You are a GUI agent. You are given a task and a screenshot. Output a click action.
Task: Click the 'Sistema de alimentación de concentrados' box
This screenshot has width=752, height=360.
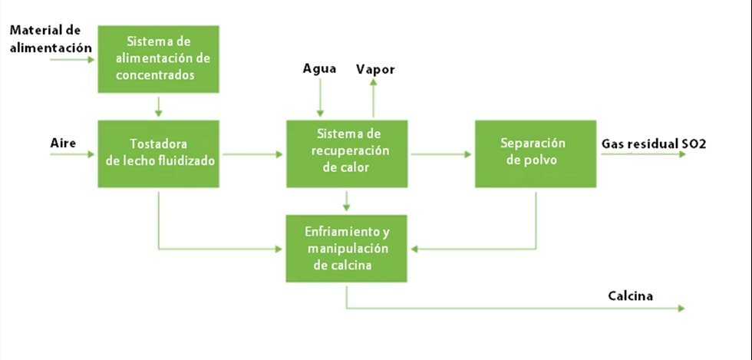tap(158, 58)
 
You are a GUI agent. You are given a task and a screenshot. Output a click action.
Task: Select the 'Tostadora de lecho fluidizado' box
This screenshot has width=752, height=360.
tap(158, 153)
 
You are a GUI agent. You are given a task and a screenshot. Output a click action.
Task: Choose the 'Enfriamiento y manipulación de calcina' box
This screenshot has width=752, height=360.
tap(347, 248)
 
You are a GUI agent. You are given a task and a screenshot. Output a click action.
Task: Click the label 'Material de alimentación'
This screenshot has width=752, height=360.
tap(45, 38)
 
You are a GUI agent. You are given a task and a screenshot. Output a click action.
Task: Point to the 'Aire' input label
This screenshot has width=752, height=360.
tap(63, 144)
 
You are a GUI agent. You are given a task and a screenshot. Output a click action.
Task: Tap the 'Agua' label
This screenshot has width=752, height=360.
tap(320, 69)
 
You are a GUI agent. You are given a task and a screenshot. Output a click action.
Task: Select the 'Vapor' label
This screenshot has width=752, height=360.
tap(375, 69)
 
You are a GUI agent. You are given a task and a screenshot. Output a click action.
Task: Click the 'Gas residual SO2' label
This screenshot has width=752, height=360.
tap(653, 144)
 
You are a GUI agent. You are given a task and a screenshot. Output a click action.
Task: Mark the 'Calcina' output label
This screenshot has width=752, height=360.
tap(632, 296)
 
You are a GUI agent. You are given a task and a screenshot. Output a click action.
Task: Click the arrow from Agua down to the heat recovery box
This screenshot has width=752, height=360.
tap(321, 98)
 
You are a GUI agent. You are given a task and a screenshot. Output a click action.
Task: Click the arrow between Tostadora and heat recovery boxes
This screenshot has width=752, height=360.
tap(251, 154)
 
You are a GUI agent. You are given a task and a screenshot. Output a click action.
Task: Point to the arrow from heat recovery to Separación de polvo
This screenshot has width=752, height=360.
tap(440, 154)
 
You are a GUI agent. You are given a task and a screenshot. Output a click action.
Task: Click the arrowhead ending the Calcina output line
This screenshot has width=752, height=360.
tap(681, 309)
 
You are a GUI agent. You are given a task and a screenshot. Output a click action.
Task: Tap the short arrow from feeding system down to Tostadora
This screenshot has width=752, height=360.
tap(158, 105)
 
